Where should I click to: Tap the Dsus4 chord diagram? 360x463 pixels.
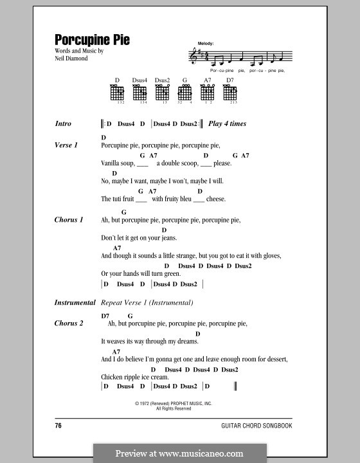139,94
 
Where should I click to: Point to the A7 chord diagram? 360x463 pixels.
208,94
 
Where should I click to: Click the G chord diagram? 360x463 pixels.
184,94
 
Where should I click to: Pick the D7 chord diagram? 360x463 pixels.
230,94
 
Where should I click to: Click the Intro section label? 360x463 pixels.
63,123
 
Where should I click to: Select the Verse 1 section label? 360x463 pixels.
66,145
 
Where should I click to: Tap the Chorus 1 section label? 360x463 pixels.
69,220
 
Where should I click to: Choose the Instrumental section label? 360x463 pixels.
73,302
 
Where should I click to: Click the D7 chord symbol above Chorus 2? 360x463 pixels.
105,315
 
